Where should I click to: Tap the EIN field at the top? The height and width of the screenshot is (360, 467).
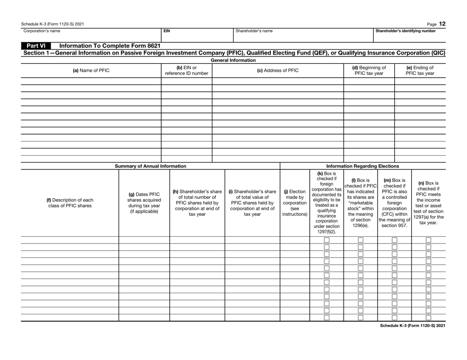197,35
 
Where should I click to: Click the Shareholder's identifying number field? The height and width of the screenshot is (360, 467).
409,35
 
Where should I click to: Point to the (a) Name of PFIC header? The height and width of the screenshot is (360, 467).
81,70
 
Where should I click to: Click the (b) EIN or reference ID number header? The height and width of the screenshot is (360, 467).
186,70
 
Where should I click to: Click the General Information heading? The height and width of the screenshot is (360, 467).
233,60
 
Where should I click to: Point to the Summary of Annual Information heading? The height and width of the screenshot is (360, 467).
150,166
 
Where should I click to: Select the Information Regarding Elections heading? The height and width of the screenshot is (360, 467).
363,166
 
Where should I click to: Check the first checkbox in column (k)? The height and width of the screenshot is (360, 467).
326,241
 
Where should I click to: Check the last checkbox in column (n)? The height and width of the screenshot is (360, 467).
428,317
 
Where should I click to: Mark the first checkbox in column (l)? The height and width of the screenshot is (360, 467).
360,241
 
